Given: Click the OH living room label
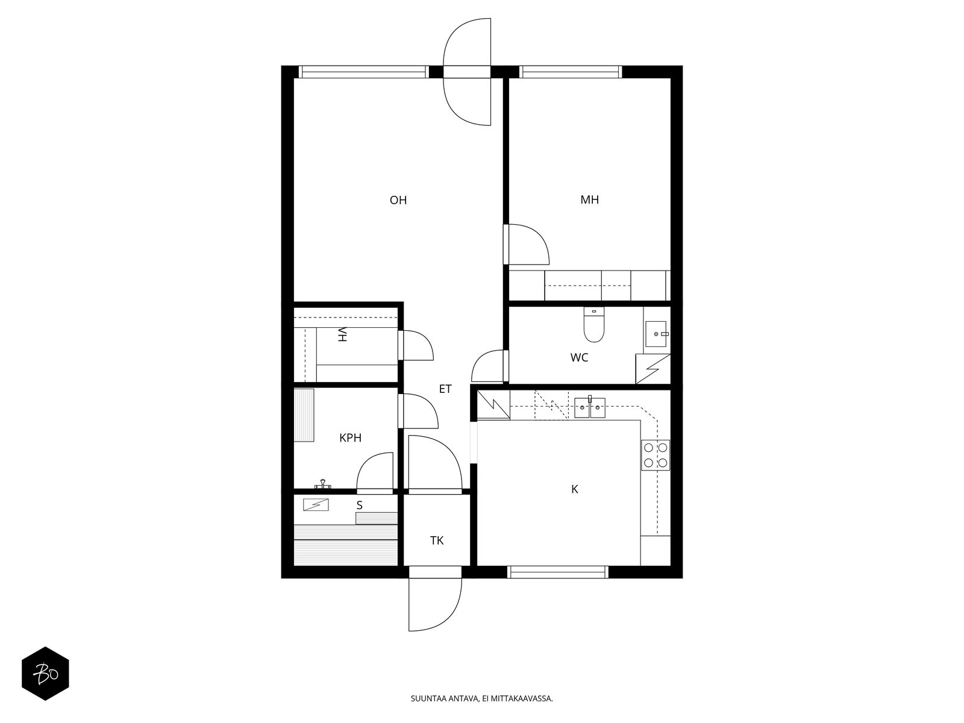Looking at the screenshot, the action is (398, 200).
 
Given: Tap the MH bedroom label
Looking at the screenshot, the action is (589, 200).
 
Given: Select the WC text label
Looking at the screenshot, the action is (579, 357).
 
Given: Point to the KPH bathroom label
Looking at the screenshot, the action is (350, 437).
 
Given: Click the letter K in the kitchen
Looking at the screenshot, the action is (574, 489).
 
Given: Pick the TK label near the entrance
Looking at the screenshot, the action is (437, 540).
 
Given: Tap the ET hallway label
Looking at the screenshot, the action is (445, 389).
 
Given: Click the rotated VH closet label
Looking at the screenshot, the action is (343, 334).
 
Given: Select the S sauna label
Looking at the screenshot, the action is (359, 505).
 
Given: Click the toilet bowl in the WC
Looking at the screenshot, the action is (594, 325).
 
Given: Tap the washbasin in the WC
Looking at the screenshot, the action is (656, 334).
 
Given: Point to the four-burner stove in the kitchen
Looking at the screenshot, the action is (656, 455).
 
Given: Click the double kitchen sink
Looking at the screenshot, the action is (590, 408).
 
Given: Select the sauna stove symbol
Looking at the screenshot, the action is (316, 505).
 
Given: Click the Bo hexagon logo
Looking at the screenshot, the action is (45, 674).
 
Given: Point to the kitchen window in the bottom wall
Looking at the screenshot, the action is (558, 572).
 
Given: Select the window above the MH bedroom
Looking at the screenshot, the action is (571, 72).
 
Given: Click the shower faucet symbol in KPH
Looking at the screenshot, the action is (324, 484).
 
